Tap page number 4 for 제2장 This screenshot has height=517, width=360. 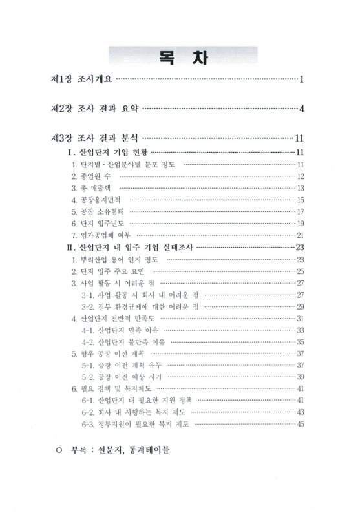302,108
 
